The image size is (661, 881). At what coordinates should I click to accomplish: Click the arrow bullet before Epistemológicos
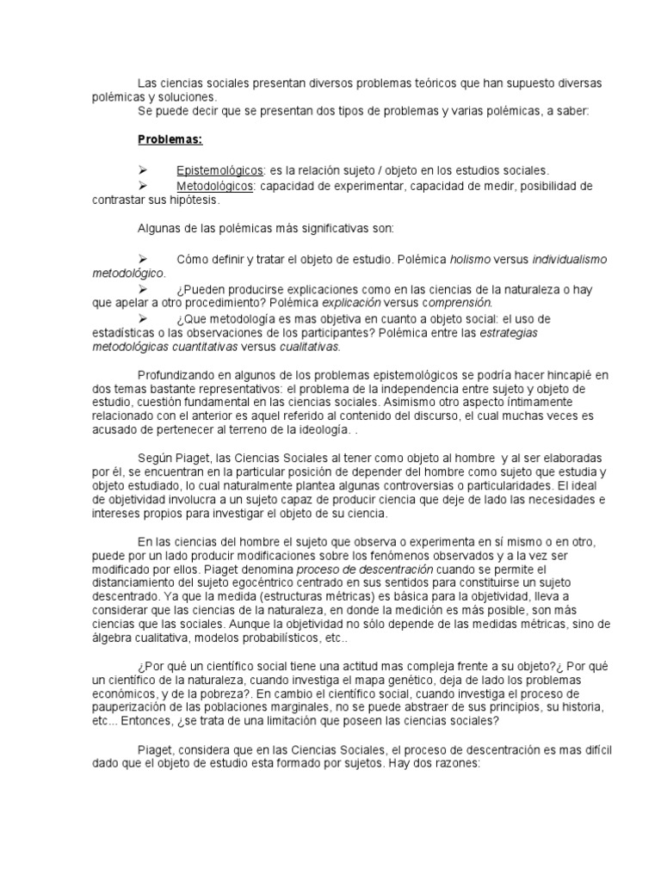pos(143,171)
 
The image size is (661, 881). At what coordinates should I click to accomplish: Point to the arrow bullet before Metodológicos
pos(143,186)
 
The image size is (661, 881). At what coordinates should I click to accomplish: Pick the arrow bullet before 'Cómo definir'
pos(143,259)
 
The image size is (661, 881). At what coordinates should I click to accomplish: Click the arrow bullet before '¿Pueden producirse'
pos(143,288)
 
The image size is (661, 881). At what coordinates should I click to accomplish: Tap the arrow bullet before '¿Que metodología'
pos(143,317)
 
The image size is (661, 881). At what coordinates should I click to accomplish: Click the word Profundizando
pos(177,376)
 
